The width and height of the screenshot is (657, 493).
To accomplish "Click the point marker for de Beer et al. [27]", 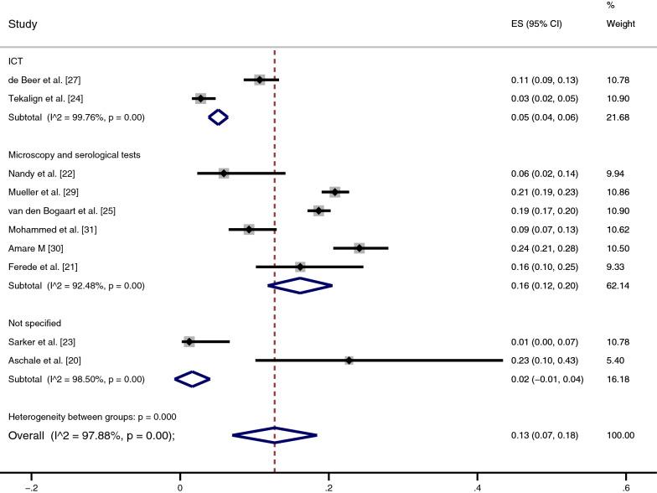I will tap(260, 80).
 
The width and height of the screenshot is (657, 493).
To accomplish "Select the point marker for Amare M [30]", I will tap(360, 248).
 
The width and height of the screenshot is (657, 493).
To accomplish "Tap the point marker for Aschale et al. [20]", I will tap(349, 361).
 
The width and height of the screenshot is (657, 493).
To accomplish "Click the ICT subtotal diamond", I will tap(218, 117).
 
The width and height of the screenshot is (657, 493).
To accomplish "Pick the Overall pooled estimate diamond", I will tap(275, 435).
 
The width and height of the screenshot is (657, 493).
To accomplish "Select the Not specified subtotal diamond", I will tap(192, 379).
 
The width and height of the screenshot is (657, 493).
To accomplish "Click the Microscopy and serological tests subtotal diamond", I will tap(300, 286).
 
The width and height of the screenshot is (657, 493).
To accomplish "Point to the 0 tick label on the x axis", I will tap(180, 485).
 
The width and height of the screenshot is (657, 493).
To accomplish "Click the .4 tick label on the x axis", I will tap(477, 485).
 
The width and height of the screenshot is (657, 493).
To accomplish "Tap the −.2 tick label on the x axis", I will tap(31, 485).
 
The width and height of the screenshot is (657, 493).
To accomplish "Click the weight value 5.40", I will tap(617, 361).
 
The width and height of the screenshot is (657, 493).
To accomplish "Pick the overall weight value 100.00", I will tap(620, 435).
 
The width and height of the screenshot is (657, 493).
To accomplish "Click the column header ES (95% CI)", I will tap(536, 23).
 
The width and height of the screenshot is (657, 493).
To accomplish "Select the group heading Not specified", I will tap(35, 323).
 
